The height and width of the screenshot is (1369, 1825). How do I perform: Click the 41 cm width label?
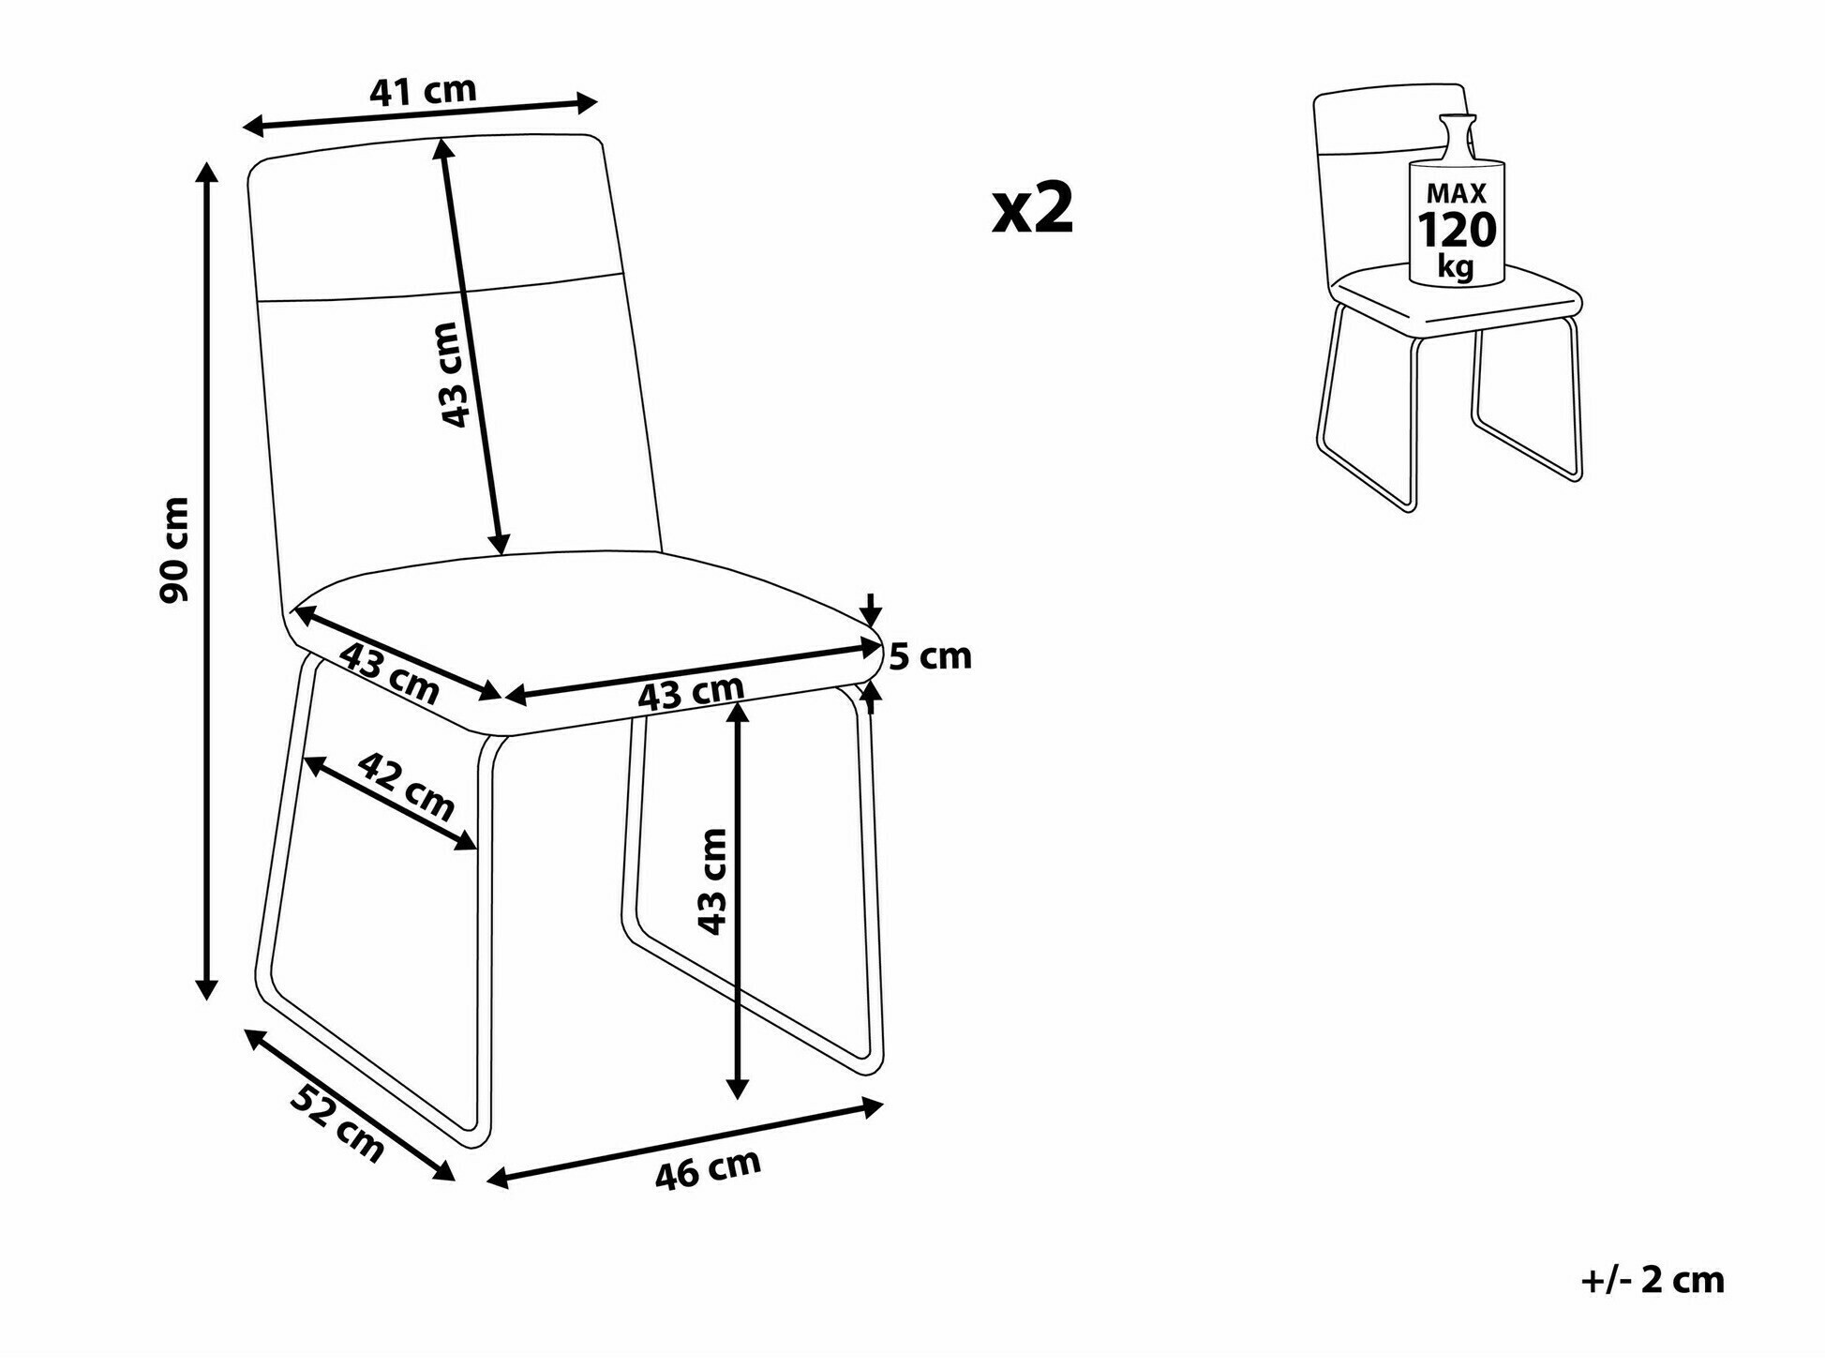(x=424, y=91)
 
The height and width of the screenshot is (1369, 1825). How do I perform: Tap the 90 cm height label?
(x=175, y=549)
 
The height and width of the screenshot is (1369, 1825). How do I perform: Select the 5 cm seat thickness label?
(x=930, y=656)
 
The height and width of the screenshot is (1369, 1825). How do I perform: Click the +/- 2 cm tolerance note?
(x=1653, y=1280)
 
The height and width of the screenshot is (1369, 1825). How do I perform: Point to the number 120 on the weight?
(x=1457, y=230)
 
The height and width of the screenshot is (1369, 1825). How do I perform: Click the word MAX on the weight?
(x=1457, y=193)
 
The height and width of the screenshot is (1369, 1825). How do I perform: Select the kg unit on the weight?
(x=1456, y=267)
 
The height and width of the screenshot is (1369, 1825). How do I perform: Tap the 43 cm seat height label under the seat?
(x=712, y=881)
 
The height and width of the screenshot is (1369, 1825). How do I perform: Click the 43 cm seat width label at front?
(x=691, y=692)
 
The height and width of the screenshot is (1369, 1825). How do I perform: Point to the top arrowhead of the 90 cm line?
(x=207, y=170)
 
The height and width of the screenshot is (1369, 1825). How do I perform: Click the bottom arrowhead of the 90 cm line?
(x=207, y=989)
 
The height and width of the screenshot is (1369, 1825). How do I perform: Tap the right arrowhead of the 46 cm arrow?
(x=873, y=1107)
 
